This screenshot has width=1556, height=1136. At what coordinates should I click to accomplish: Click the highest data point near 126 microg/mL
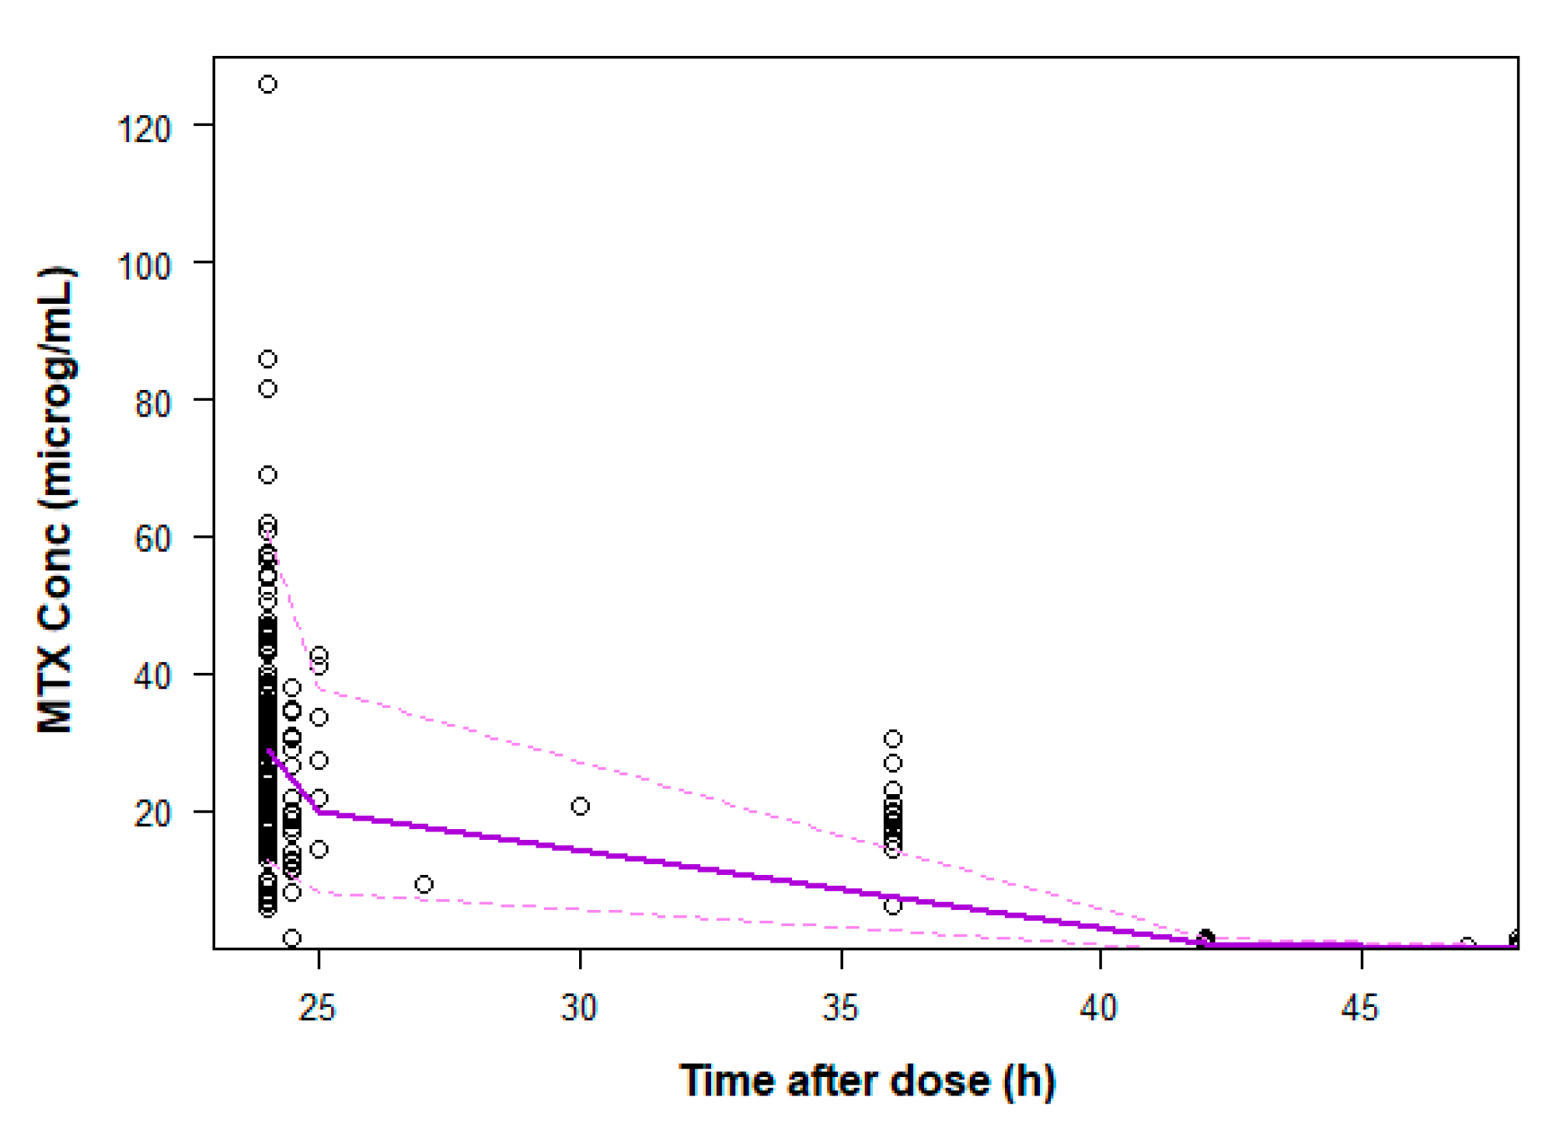pos(267,84)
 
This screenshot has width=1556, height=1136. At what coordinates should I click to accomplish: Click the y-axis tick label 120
pos(144,129)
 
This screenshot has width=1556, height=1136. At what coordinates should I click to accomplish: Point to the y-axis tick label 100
pos(144,267)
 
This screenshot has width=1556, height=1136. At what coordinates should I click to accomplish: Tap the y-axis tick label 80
pos(152,404)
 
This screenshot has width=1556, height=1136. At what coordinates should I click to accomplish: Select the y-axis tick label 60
pos(152,538)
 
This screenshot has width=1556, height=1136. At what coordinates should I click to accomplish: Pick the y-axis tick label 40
pos(152,676)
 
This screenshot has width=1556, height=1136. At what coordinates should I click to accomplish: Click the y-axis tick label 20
pos(152,814)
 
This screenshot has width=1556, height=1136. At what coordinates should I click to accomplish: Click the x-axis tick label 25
pos(317,1008)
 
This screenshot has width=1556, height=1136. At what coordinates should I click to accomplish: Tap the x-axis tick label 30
pos(578,1008)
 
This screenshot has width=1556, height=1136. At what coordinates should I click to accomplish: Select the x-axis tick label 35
pos(840,1008)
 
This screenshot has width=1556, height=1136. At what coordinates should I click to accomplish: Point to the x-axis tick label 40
pos(1099,1008)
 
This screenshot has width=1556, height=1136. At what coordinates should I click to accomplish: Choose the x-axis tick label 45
pos(1360,1008)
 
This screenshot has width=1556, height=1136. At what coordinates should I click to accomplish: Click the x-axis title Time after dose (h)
pos(867,1081)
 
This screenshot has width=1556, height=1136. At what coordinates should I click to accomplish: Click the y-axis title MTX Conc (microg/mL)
pos(56,500)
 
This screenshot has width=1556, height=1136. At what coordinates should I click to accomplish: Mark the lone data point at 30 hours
pos(580,807)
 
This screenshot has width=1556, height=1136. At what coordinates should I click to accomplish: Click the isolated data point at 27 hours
pos(424,884)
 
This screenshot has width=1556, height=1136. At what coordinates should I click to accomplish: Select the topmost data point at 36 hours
pos(893,738)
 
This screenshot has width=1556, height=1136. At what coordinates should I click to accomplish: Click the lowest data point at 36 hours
pos(893,906)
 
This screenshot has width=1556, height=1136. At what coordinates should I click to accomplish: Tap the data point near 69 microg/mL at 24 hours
pos(267,475)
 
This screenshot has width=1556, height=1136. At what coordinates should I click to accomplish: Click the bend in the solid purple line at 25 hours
pos(319,812)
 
